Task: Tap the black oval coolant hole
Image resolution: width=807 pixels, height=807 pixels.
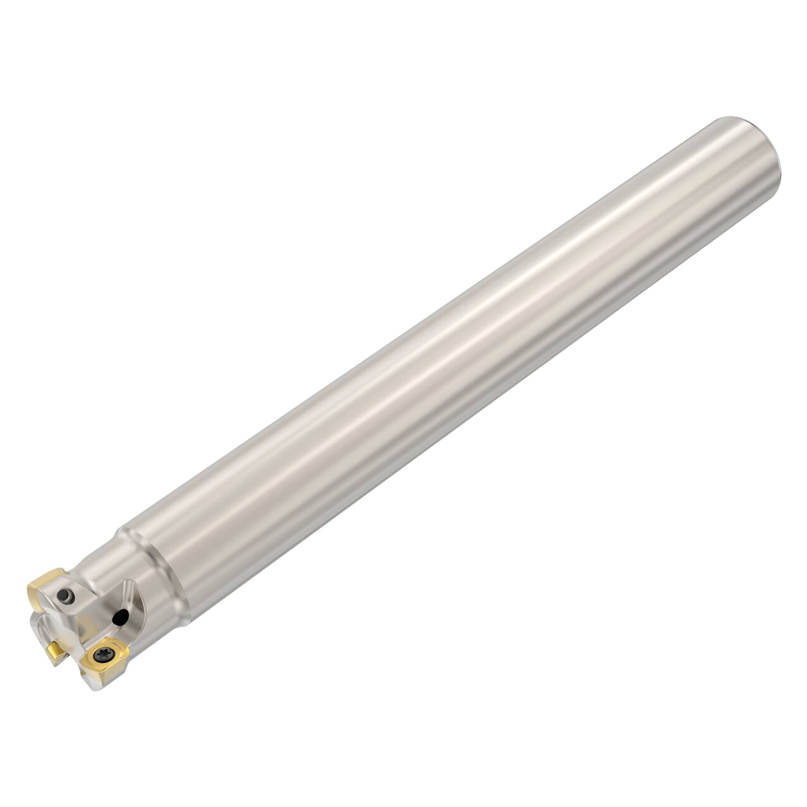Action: tap(120, 618)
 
